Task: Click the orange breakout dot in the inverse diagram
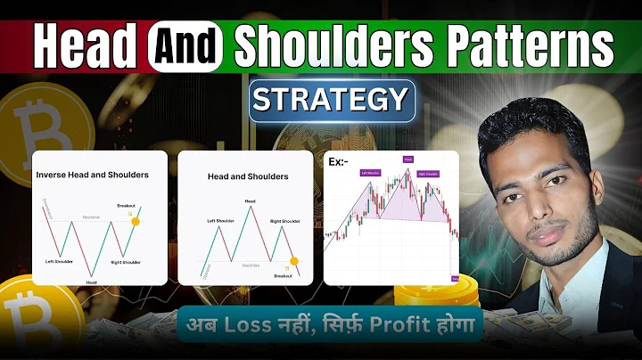pyautogui.click(x=135, y=221)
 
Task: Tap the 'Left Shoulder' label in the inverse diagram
pyautogui.click(x=63, y=261)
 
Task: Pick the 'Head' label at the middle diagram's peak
pyautogui.click(x=251, y=201)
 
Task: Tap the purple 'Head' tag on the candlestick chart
pyautogui.click(x=407, y=160)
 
